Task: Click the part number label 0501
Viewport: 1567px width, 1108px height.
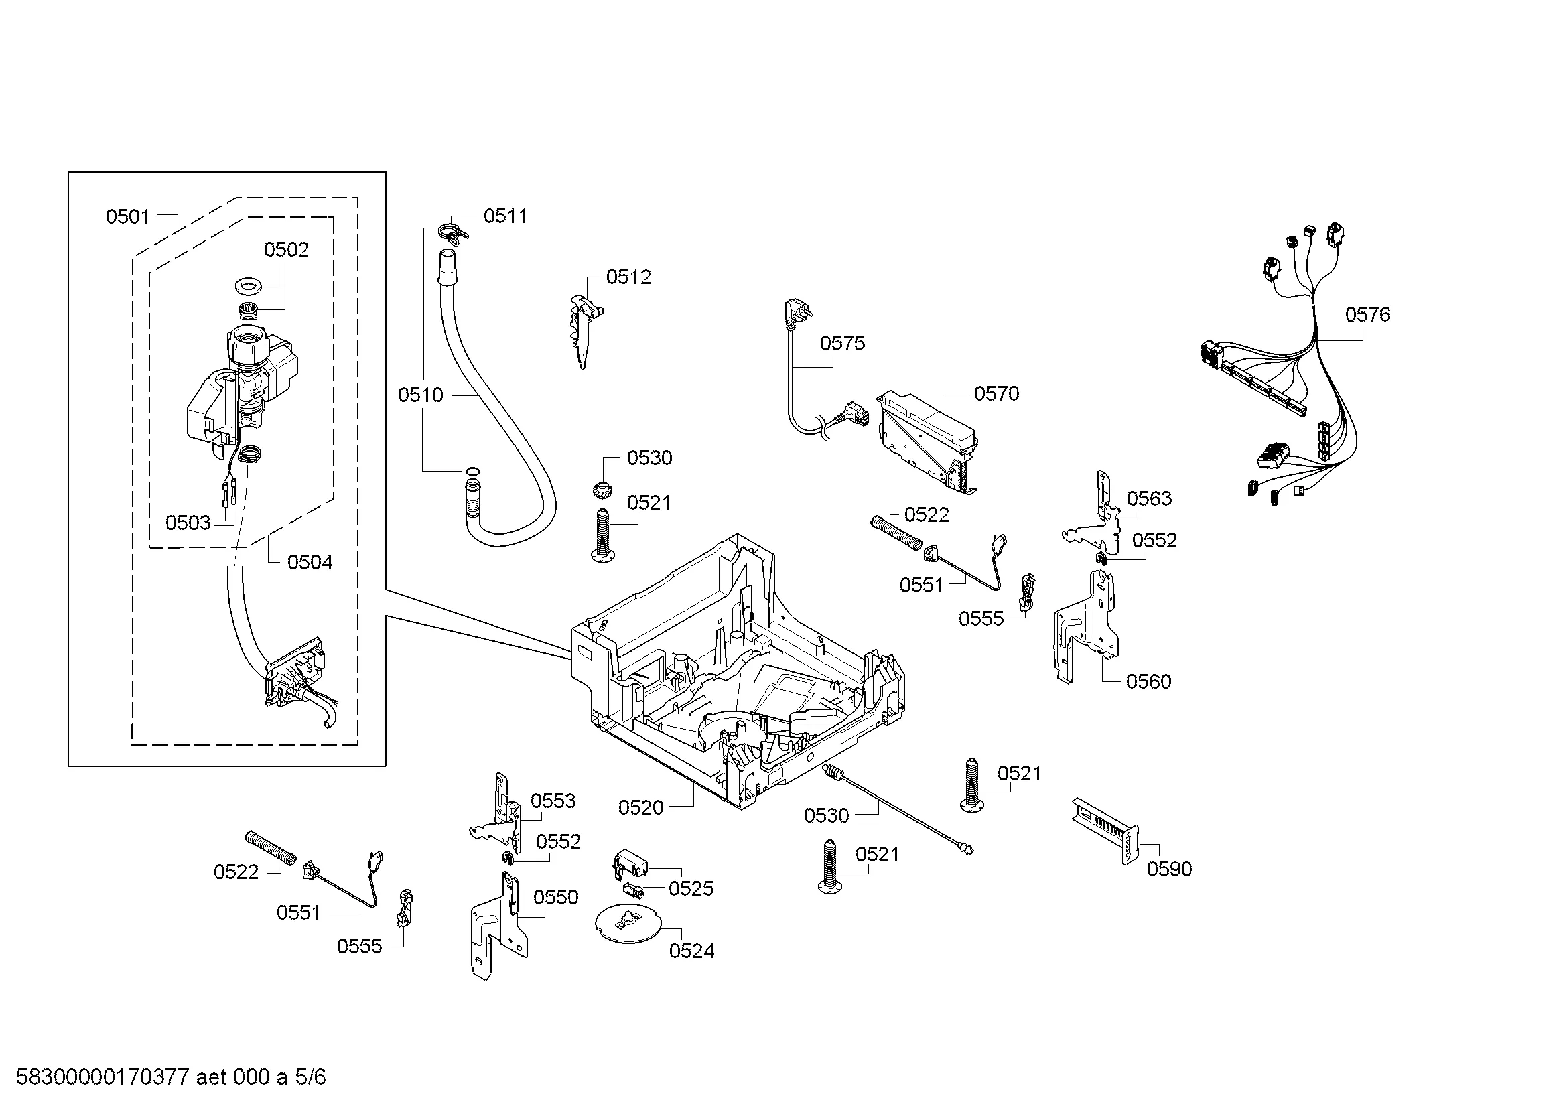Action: coord(128,217)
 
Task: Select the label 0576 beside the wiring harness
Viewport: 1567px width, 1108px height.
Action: coord(1368,315)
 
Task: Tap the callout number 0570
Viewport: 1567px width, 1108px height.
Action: coord(996,394)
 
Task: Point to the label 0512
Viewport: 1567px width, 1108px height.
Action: coord(628,277)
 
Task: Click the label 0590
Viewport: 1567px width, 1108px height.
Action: coord(1169,870)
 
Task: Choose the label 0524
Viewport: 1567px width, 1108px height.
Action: coord(691,951)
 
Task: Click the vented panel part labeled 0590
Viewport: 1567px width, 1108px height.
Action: coord(1105,830)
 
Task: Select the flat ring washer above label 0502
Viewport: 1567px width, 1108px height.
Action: coord(249,285)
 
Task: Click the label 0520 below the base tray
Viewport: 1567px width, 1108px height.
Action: coord(641,808)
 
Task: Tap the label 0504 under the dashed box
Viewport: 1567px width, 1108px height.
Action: coord(310,563)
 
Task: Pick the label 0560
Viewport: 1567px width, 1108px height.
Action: coord(1149,681)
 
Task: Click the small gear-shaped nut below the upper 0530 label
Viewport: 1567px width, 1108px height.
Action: coord(602,488)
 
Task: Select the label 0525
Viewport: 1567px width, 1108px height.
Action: coord(691,888)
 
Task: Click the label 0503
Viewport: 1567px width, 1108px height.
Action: coord(188,523)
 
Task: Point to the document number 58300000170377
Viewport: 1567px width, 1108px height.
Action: coord(103,1077)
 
